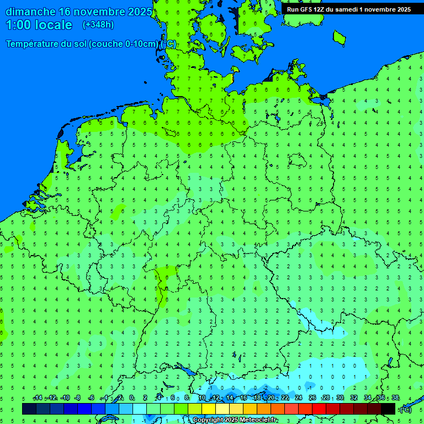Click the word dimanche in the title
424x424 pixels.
pos(30,12)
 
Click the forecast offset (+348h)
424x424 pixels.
pos(98,25)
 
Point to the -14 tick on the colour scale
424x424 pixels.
pos(38,398)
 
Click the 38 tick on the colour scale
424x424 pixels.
pos(395,398)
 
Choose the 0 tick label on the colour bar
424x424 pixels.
pos(131,398)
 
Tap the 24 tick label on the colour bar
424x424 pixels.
pos(299,398)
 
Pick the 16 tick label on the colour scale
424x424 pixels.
pos(243,398)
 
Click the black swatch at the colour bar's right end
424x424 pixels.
pos(388,409)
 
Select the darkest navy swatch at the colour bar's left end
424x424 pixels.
pos(29,409)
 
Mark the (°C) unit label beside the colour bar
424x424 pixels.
pos(405,409)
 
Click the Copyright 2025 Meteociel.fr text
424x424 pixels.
pos(235,420)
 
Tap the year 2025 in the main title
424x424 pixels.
pos(140,12)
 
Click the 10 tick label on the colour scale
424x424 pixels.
pos(202,398)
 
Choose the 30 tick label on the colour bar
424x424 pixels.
pos(340,398)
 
